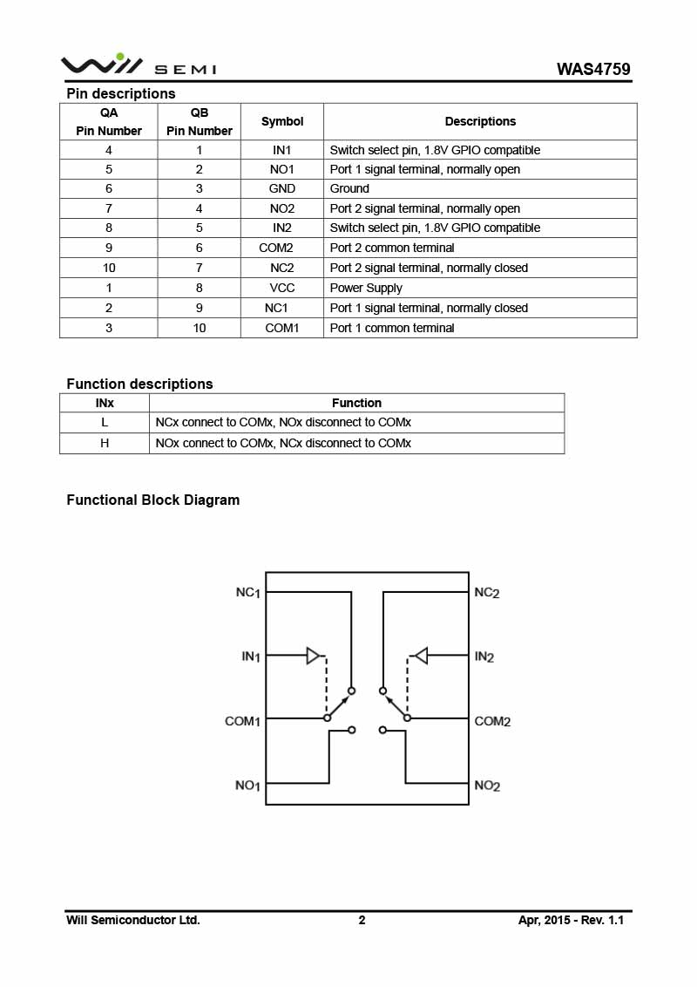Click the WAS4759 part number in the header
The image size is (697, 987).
coord(593,69)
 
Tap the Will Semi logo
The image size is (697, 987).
coord(139,65)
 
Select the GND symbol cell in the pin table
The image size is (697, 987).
coord(281,188)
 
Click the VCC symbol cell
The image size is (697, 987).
coord(281,288)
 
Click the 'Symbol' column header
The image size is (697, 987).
coord(282,121)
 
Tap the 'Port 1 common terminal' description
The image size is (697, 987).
coord(392,328)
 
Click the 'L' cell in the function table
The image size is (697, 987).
coord(105,422)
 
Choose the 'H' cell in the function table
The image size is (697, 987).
coord(105,443)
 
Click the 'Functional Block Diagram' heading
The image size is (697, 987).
coord(152,500)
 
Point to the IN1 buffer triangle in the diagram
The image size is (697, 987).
coord(314,656)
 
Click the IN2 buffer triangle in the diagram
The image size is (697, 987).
coord(421,656)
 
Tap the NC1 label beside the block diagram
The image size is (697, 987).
coord(247,592)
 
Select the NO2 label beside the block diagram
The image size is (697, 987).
coord(487,786)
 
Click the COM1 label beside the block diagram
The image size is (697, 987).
coord(242,721)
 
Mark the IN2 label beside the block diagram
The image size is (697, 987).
coord(484,657)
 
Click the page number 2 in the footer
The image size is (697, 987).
coord(362,920)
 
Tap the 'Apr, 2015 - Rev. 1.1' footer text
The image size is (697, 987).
coord(572,920)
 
